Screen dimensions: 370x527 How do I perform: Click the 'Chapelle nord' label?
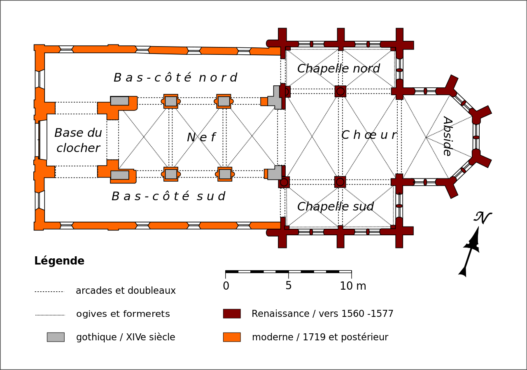(338, 68)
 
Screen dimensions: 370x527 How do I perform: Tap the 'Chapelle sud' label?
(335, 206)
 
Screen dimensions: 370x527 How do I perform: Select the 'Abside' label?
(447, 136)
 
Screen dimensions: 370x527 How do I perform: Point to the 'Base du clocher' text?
(78, 141)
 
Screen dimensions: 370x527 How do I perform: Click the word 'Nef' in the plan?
(201, 137)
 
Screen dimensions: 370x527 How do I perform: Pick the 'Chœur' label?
(369, 135)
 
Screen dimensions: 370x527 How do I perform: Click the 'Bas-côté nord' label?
(175, 77)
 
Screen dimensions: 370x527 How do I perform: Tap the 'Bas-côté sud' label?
(168, 196)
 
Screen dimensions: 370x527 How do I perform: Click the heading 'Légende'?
(59, 261)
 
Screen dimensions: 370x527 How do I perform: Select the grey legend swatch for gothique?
(56, 337)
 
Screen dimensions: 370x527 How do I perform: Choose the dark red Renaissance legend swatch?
(232, 314)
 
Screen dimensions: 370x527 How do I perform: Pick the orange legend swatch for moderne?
(232, 337)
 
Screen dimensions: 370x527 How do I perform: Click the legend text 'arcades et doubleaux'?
(126, 291)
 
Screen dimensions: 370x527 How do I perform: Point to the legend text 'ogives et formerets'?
(123, 314)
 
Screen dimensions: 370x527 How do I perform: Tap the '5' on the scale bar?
(288, 286)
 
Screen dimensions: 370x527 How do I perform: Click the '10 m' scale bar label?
(353, 286)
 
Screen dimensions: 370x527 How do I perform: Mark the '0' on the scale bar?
(226, 286)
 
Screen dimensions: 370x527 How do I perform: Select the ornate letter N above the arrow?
(483, 218)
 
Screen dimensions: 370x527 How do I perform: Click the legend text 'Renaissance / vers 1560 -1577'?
(322, 314)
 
